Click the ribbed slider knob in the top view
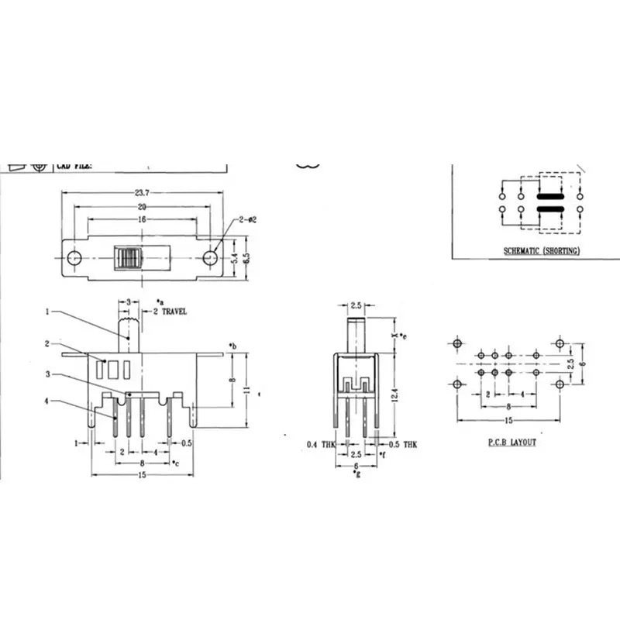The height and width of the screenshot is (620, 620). [x=128, y=258]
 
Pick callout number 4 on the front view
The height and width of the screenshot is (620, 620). [x=47, y=401]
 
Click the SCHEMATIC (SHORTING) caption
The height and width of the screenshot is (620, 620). [x=540, y=250]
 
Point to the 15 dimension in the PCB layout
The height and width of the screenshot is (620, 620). [x=508, y=421]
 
